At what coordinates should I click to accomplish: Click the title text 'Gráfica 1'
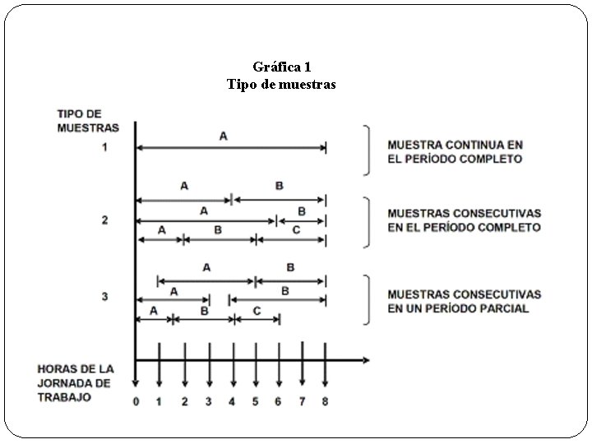click(x=282, y=66)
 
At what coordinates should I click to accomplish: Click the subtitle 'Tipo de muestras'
click(x=281, y=84)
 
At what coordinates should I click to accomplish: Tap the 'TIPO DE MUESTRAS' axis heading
click(x=88, y=120)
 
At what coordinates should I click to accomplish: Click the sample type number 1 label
click(x=104, y=148)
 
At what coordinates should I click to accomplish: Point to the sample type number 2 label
click(x=104, y=220)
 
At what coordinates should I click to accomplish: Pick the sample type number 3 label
click(x=104, y=297)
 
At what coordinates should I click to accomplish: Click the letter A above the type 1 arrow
click(x=223, y=136)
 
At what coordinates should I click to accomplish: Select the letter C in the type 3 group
click(x=257, y=311)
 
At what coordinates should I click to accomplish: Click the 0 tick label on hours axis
click(x=136, y=402)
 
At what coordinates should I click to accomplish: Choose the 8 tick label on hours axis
click(x=326, y=402)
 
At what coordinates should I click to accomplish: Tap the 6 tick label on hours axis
click(x=280, y=402)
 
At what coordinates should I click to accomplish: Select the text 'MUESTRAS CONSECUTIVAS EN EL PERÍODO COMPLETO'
click(x=465, y=220)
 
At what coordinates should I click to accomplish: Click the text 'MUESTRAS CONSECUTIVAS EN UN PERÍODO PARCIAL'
click(x=465, y=301)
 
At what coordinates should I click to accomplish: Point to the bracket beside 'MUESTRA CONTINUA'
click(x=366, y=150)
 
